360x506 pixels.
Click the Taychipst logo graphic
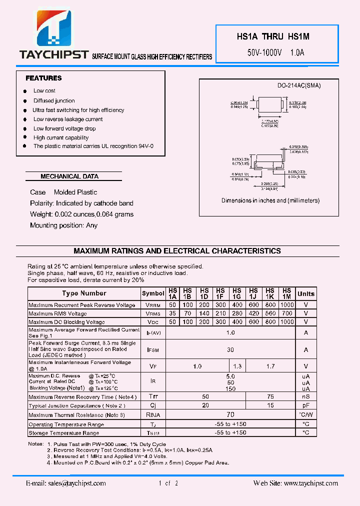[53, 30]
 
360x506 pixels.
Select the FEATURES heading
[43, 78]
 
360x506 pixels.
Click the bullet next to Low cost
[24, 91]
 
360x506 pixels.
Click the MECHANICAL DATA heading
[69, 176]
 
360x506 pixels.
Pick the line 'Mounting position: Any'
[63, 225]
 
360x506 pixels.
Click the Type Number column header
[84, 293]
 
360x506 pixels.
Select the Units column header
[305, 293]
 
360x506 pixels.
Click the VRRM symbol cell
[153, 305]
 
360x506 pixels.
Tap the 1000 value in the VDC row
[287, 322]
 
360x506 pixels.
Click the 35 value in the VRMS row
[172, 313]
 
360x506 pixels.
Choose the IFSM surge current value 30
[230, 350]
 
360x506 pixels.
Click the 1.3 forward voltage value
[237, 366]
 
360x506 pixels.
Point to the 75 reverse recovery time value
[270, 396]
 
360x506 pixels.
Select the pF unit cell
[305, 405]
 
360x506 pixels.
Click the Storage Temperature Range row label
[63, 433]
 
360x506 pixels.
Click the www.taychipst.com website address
[310, 483]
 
